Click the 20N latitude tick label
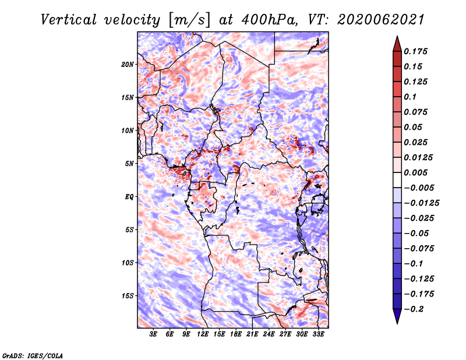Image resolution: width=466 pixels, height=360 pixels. pos(128,65)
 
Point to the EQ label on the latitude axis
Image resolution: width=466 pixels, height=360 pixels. pos(129,197)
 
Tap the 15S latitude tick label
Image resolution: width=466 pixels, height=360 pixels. pos(128,296)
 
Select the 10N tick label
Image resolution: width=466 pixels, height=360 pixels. pos(128,130)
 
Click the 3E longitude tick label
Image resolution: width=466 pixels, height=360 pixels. pos(153,334)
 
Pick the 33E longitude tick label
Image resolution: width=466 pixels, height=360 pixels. pos(318,334)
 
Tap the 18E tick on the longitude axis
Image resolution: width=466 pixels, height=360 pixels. pos(236,334)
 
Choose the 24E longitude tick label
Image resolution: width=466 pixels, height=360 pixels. pos(269,334)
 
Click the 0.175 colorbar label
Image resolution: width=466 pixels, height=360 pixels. pos(415,51)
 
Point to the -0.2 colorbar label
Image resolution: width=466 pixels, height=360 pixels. pos(414,309)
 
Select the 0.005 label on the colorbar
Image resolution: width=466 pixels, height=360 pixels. pos(415,172)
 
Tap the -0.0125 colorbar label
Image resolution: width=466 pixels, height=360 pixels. pos(421,203)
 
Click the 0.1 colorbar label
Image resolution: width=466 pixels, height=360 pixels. pos(410,97)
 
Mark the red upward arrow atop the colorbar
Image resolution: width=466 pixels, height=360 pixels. pos(397,44)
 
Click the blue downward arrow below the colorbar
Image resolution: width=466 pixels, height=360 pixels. pos(397,316)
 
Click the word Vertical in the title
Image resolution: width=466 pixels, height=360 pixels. pos(69,20)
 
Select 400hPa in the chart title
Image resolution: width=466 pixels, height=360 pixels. pos(269,20)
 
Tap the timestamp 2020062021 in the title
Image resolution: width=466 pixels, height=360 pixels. pos(381,20)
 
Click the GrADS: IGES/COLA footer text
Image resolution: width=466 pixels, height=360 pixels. pos(33,356)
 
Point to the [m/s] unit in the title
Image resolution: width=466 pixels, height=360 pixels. pos(189,20)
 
